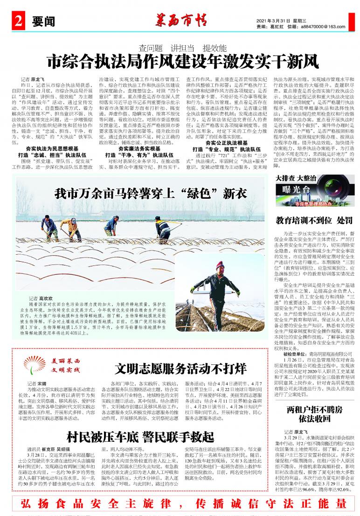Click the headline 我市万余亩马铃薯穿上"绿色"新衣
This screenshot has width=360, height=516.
[x=144, y=193]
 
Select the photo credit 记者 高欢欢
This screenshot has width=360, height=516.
[x=41, y=297]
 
